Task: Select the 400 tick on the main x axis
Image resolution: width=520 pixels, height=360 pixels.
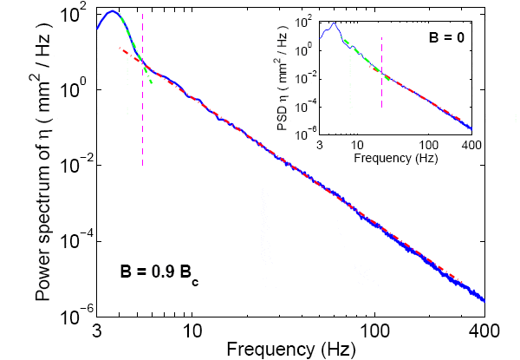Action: pyautogui.click(x=484, y=331)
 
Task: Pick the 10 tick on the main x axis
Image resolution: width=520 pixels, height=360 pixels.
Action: pyautogui.click(x=192, y=331)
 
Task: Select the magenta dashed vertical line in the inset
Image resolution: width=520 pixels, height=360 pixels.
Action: pyautogui.click(x=381, y=78)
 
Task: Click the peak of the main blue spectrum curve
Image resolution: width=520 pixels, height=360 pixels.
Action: pyautogui.click(x=112, y=12)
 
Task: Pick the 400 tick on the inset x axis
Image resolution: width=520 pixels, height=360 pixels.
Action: pyautogui.click(x=471, y=144)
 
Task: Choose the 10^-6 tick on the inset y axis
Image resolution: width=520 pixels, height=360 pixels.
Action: pyautogui.click(x=306, y=134)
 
